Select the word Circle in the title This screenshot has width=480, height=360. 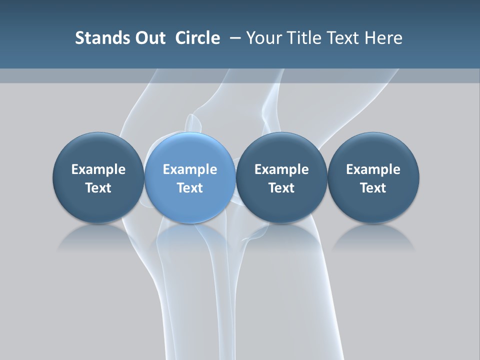tap(197, 38)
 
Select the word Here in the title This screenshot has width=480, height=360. tap(384, 38)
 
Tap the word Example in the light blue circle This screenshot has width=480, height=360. tap(190, 169)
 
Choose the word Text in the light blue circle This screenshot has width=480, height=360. tap(190, 188)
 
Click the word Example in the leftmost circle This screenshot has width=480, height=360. tap(98, 169)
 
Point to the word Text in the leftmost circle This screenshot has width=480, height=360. tap(98, 188)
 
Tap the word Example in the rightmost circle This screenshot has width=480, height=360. tap(373, 169)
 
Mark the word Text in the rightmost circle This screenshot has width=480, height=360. tap(373, 188)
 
